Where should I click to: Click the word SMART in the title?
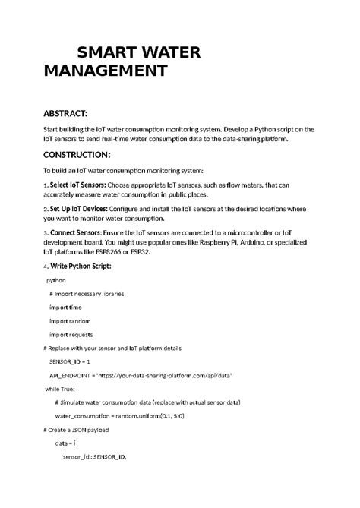click(108, 53)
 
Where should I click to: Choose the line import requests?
click(71, 334)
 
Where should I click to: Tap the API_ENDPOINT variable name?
click(71, 375)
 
